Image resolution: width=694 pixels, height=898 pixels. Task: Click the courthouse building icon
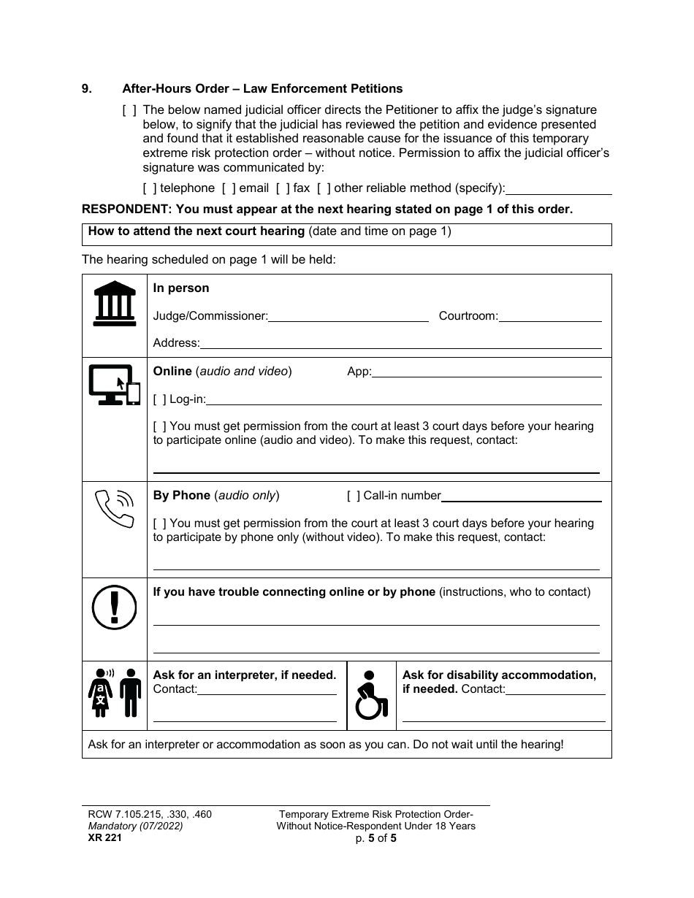point(115,303)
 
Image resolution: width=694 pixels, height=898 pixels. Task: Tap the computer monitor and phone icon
point(114,384)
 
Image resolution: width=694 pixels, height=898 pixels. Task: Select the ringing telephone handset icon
point(115,507)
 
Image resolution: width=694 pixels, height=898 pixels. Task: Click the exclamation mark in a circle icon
point(114,607)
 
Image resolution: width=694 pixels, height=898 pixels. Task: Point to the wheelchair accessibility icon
point(371,695)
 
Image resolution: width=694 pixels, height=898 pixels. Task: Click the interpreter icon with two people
point(115,693)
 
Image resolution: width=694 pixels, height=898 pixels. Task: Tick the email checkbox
point(228,188)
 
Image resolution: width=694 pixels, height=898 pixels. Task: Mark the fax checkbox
point(282,188)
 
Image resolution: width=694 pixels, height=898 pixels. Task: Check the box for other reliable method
point(323,188)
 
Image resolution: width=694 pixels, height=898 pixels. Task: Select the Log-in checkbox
point(159,399)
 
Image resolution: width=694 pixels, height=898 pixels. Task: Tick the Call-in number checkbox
point(354,496)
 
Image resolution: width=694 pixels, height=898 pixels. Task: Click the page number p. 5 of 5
point(375,838)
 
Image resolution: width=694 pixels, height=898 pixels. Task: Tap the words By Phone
point(181,496)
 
